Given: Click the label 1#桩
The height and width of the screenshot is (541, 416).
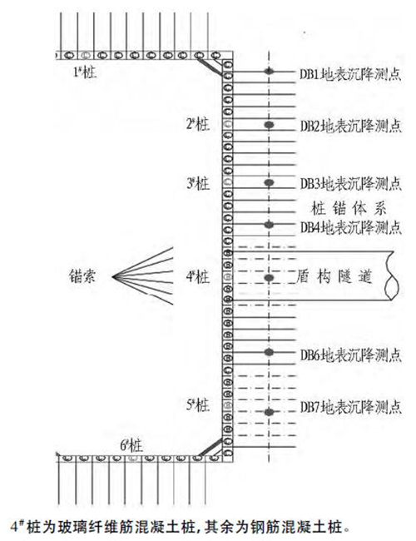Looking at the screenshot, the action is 85,72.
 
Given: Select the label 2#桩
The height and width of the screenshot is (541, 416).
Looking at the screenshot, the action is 198,124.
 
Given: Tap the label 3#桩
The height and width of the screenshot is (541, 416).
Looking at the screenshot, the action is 198,183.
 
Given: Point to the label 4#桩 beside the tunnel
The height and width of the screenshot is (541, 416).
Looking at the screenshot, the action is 198,276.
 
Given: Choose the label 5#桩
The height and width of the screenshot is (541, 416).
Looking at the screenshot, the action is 198,405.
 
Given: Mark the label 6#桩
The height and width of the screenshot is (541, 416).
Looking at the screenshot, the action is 131,446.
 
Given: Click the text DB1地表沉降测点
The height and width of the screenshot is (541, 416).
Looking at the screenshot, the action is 350,74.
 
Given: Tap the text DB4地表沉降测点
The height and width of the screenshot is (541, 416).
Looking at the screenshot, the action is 350,227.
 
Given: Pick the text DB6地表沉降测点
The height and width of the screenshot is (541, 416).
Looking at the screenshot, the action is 350,355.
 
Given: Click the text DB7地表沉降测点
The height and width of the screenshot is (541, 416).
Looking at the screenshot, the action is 350,407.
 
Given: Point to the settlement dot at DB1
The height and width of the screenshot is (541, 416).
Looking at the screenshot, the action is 269,72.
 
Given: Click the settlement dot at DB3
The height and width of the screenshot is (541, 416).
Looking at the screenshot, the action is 269,182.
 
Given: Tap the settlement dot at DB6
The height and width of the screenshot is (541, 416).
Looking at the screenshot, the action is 269,352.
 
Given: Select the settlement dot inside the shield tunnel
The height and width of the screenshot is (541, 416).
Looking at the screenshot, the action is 269,278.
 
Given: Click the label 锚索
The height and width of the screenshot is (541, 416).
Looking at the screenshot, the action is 82,276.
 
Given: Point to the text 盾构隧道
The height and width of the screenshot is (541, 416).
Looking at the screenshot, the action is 334,276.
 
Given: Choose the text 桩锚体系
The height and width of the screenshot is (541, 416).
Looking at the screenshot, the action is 349,208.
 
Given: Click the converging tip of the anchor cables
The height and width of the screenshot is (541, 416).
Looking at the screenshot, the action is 112,276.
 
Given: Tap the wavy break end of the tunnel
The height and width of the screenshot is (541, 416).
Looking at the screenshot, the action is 394,276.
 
